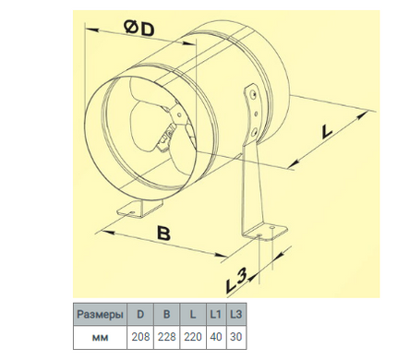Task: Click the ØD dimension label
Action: pyautogui.click(x=139, y=29)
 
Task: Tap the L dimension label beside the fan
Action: pyautogui.click(x=326, y=132)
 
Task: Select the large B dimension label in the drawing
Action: pyautogui.click(x=163, y=233)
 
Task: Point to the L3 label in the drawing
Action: pyautogui.click(x=236, y=281)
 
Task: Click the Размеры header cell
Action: pyautogui.click(x=100, y=314)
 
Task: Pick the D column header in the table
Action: pyautogui.click(x=140, y=314)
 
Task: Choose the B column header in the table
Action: pyautogui.click(x=166, y=314)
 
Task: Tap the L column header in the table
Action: pyautogui.click(x=193, y=314)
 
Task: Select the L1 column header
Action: pyautogui.click(x=216, y=314)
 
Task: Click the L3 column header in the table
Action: pyautogui.click(x=236, y=314)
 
